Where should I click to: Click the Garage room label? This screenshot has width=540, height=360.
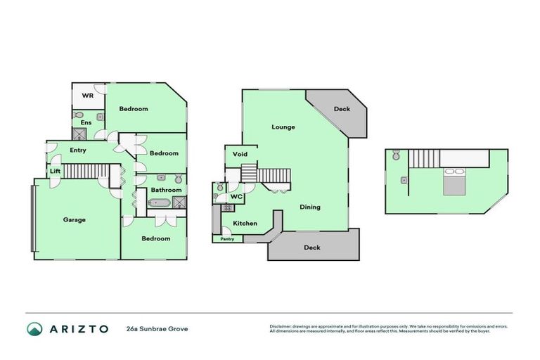pos(75,220)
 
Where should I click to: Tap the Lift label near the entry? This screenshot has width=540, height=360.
pos(54,171)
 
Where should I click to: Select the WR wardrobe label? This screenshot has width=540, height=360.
pos(88,95)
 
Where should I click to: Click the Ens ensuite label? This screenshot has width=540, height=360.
pos(86,122)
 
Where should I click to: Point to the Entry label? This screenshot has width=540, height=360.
pos(78,150)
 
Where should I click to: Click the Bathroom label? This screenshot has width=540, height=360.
pos(167,190)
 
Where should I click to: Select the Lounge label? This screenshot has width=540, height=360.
pos(283,127)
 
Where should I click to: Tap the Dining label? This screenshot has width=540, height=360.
pos(310,207)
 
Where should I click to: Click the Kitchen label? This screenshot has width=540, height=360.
pos(245,224)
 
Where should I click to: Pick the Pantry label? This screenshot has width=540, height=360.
pos(227,239)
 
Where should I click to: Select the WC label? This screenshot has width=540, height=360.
pos(237,197)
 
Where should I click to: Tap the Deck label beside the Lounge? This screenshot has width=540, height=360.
pos(342,109)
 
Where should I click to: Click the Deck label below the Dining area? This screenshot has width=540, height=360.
pos(312,247)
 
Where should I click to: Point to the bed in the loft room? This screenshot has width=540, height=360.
pos(453,182)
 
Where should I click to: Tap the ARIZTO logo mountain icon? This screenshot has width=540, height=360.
pos(34,328)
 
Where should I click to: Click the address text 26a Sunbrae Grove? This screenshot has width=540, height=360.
pos(157,328)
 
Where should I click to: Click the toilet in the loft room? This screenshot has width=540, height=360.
pos(397,155)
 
